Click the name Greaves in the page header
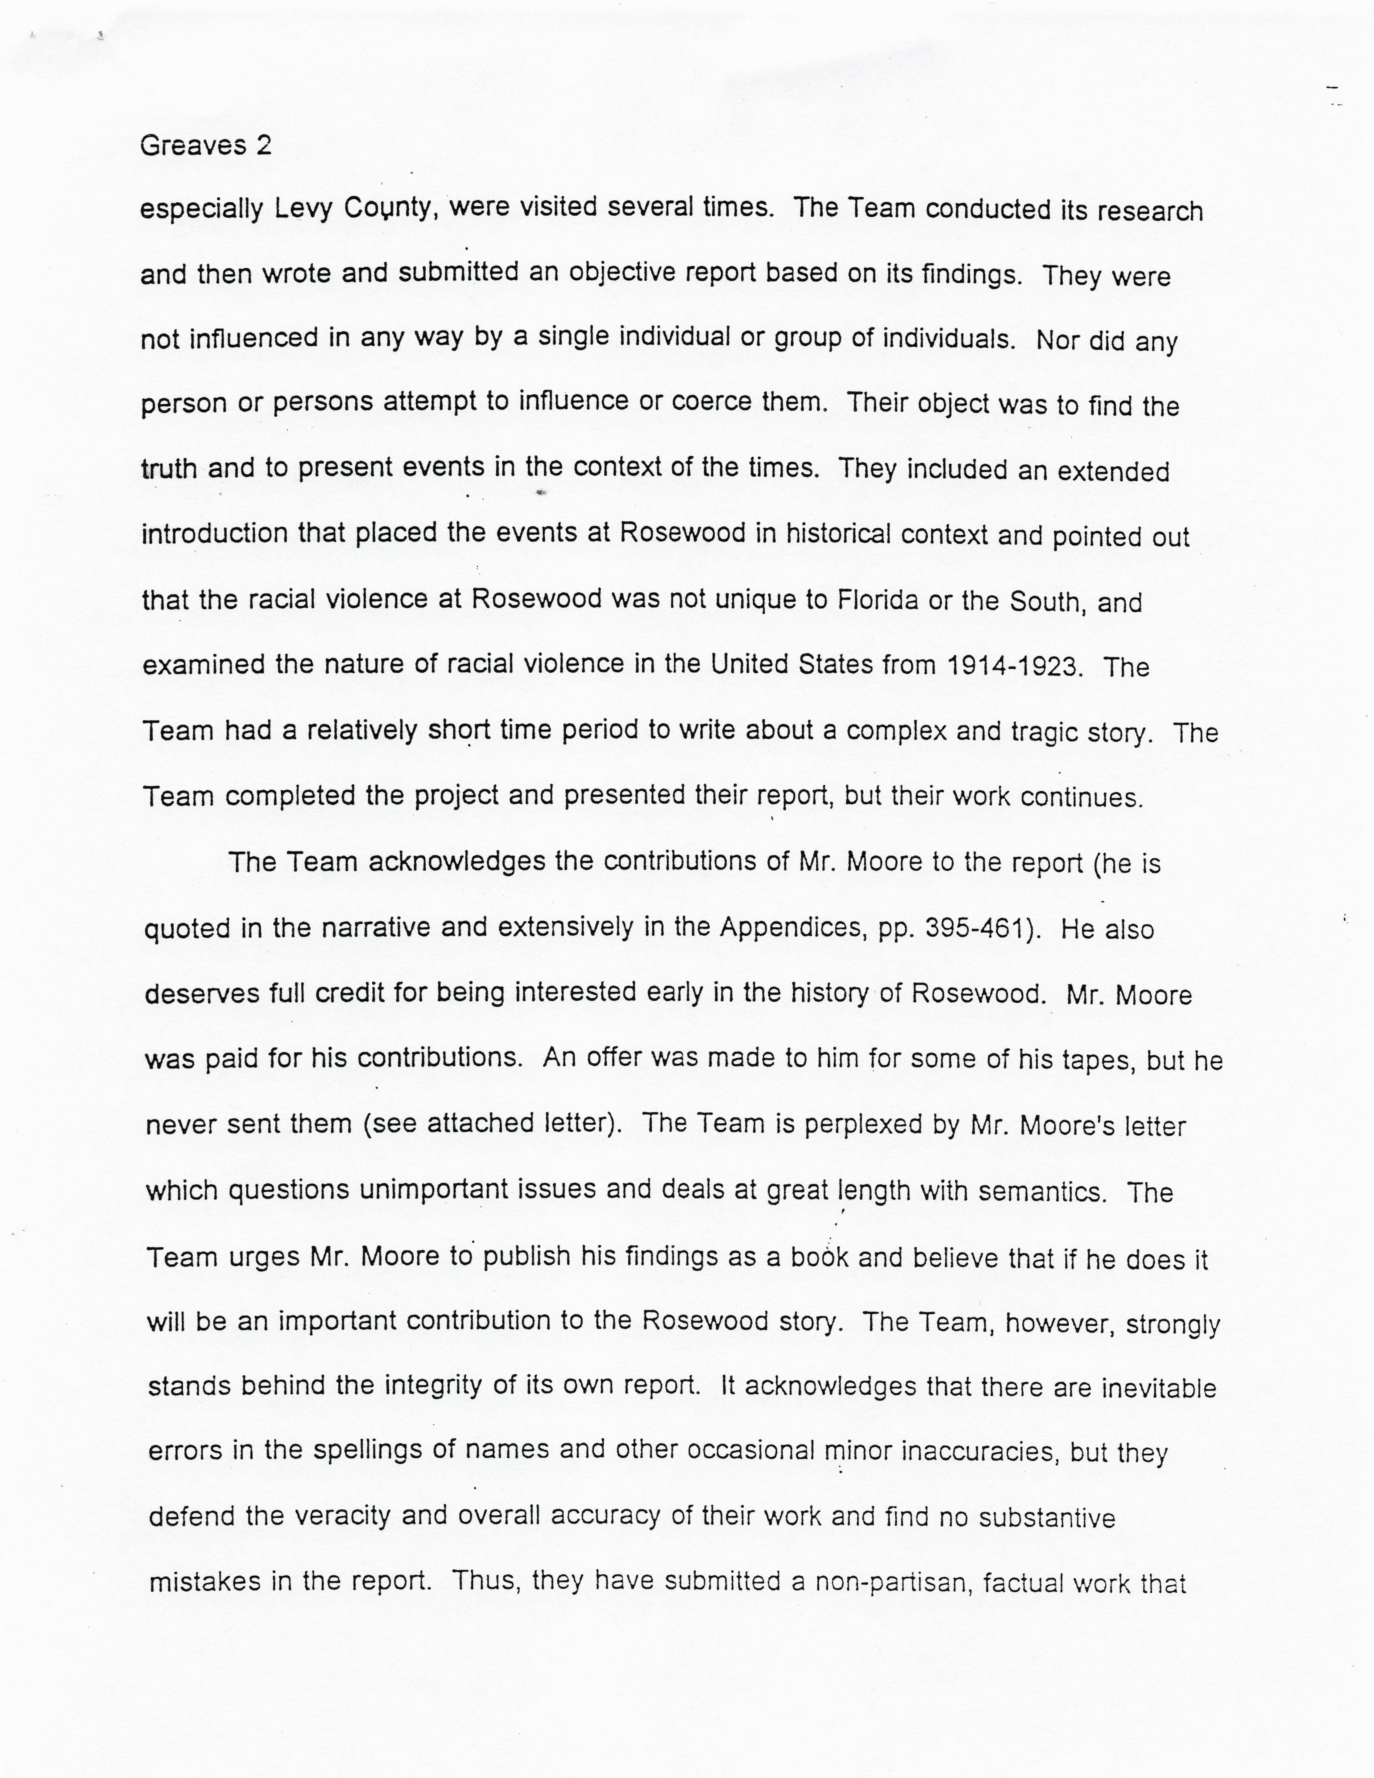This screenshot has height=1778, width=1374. tap(193, 146)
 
